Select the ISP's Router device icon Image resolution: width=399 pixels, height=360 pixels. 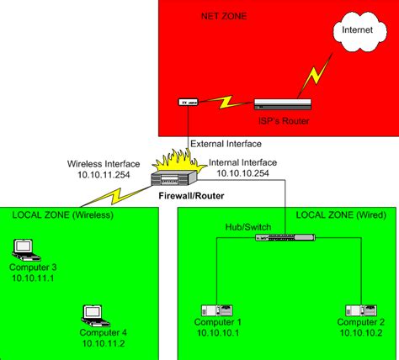pos(282,104)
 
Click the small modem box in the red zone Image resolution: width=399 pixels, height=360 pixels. pos(189,103)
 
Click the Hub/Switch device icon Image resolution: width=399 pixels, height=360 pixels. pos(286,237)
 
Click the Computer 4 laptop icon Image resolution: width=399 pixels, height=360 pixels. pos(91,315)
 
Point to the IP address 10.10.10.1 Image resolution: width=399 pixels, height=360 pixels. pos(217,333)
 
